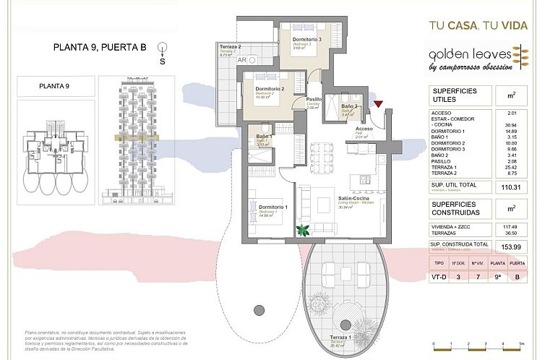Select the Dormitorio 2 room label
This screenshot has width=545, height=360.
click(270, 90)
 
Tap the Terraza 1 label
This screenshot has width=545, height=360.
click(340, 338)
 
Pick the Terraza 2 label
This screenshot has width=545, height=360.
click(229, 48)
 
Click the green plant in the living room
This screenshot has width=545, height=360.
click(303, 231)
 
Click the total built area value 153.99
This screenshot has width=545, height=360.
click(515, 248)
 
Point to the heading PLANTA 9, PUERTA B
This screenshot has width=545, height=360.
click(100, 48)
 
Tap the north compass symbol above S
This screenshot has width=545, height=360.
click(162, 46)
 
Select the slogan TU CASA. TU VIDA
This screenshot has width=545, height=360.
click(479, 25)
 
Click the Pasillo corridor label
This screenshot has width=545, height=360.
click(314, 100)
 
